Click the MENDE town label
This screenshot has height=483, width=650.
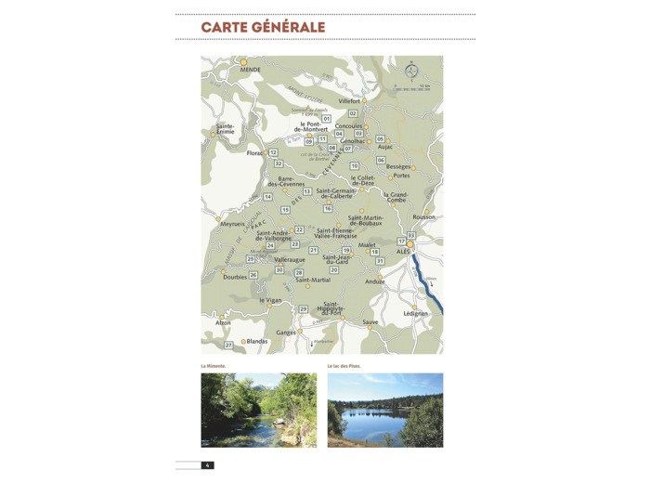point(250,70)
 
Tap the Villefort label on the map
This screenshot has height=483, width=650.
point(349,101)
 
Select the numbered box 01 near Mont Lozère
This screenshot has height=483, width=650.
point(326,119)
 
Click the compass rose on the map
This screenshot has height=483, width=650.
point(411,71)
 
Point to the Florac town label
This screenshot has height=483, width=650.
point(254,153)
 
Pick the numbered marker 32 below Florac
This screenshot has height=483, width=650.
point(278,163)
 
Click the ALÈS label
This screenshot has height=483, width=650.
point(403,252)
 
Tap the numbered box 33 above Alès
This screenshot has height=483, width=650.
point(410,235)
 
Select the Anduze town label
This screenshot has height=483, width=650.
point(375,281)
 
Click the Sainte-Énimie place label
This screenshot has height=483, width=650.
point(226,129)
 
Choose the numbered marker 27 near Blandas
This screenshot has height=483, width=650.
point(228,346)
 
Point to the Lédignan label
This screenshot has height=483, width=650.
point(416,313)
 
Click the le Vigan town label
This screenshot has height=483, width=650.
point(270,300)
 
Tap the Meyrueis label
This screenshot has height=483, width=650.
point(232,224)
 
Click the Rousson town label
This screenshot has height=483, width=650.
point(423,217)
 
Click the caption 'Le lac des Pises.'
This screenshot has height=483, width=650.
point(344,366)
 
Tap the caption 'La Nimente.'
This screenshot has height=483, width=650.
point(214,366)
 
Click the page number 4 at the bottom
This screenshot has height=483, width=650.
point(207,465)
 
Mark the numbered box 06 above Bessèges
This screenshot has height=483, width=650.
point(381,160)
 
